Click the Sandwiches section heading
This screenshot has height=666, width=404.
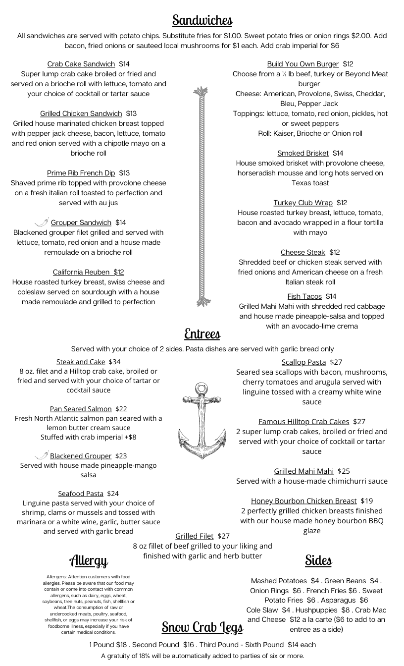click(202, 20)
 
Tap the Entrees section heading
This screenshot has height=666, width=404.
click(202, 333)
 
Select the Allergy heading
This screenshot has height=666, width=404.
click(89, 560)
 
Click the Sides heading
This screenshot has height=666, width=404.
click(318, 560)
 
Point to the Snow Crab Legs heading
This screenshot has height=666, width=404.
click(202, 627)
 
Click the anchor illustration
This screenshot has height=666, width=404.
click(202, 421)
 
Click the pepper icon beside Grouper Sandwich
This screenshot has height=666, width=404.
click(42, 222)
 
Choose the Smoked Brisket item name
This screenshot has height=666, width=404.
click(303, 153)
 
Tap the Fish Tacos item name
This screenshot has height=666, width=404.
click(304, 296)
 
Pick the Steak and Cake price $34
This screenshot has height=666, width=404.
click(114, 362)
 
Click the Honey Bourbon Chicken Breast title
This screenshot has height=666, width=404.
click(303, 501)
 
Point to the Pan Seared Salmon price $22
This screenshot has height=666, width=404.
click(121, 409)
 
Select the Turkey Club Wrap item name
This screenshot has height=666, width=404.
click(303, 203)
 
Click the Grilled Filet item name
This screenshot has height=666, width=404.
click(194, 536)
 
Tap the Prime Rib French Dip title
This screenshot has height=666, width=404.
click(81, 173)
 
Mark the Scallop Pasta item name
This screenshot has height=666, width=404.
click(303, 362)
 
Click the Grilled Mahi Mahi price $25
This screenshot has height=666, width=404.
click(344, 471)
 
